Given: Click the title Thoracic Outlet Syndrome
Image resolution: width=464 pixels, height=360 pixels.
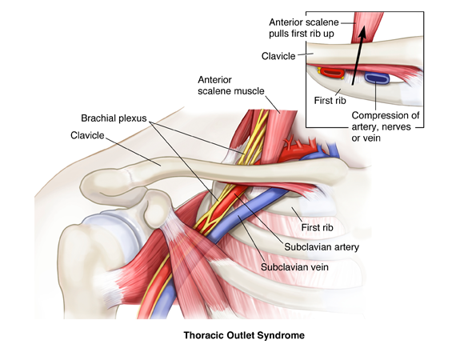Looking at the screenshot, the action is tap(244, 335).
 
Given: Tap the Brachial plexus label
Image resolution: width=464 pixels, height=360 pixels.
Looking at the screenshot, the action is tap(114, 118).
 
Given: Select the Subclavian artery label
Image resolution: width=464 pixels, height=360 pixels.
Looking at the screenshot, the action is tap(322, 246).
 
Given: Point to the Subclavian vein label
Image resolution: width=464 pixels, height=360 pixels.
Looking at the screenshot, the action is tap(294, 267).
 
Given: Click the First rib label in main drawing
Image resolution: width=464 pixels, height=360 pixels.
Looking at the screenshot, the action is tap(317, 227).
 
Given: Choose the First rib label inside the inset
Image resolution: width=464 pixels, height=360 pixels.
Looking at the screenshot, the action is tap(330, 100).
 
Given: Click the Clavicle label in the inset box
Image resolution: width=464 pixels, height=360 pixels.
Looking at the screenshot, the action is tap(278, 56).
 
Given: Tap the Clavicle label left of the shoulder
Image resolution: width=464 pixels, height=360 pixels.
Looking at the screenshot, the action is tap(87, 135).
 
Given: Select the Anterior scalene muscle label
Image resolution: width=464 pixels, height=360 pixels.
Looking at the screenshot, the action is tap(231, 85).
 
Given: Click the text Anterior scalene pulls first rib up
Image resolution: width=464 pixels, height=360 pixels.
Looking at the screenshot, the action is tap(304, 28).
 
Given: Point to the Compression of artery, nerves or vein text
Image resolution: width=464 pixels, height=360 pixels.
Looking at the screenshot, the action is tap(386, 126).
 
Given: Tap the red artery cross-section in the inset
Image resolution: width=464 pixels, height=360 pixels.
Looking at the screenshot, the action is tap(332, 73).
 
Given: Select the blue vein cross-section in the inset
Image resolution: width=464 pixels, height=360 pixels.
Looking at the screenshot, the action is tap(377, 78).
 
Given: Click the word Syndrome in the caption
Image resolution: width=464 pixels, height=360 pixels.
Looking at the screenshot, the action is tap(281, 335).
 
